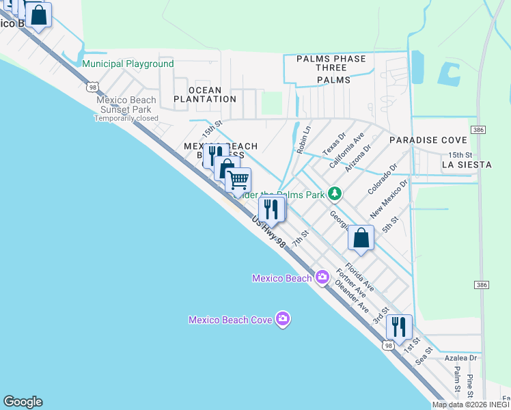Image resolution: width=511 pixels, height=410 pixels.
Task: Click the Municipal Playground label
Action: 128,64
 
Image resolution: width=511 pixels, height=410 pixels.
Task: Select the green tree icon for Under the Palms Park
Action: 334,194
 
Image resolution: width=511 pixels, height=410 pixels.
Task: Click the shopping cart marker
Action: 238,181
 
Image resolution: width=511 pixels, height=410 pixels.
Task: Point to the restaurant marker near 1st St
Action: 399,327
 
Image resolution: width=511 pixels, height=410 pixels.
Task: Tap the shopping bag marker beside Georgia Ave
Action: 361,238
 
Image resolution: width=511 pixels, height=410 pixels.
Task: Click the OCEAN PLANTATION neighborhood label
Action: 205,94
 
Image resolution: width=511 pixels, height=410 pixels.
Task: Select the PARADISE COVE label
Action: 422,140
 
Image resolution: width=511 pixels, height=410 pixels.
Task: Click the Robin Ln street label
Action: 304,139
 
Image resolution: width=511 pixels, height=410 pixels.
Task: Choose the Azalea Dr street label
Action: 460,357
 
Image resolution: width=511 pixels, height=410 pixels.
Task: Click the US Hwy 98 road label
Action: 269,233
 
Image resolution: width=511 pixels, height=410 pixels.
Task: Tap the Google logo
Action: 23,402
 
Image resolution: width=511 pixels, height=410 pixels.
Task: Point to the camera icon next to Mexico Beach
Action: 322,277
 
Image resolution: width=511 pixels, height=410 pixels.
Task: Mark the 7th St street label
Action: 301,238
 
